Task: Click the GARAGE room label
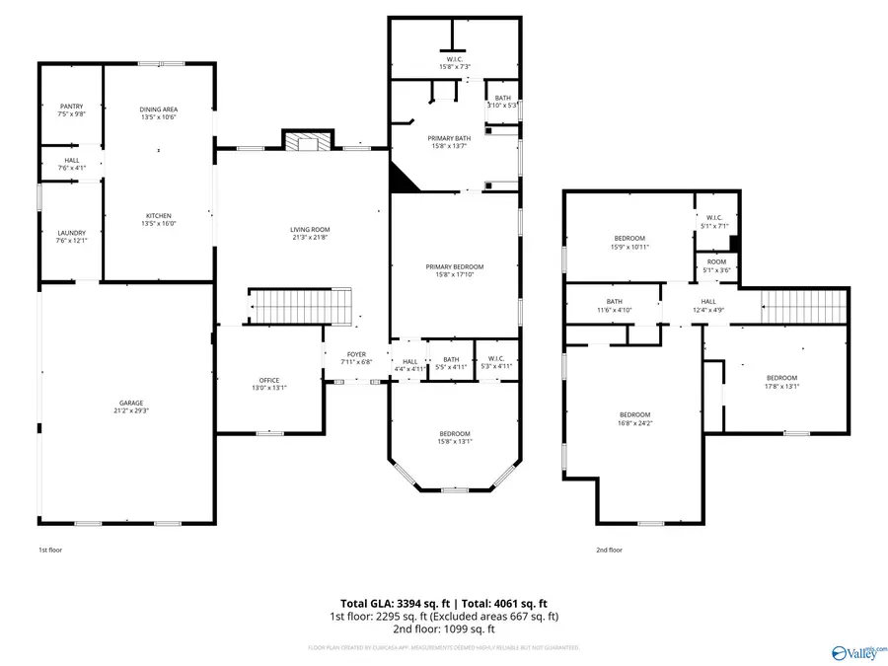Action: coord(131,403)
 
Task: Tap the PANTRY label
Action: coord(71,107)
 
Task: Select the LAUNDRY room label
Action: coord(71,233)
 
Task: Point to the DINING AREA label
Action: coord(159,110)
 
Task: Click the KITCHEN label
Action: coord(159,216)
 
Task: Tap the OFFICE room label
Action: coord(269,381)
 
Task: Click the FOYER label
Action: coord(356,354)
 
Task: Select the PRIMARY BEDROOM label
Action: coord(455,266)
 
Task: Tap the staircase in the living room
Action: coord(300,306)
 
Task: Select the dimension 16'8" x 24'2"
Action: coord(634,423)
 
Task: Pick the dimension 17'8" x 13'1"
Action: coord(782,387)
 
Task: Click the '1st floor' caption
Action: coord(49,550)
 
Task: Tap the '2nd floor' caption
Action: coord(609,550)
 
